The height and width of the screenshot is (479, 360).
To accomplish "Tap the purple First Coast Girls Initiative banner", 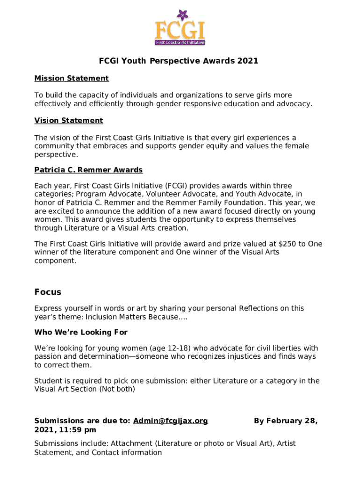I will [180, 42].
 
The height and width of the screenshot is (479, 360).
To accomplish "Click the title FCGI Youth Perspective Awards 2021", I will [178, 61].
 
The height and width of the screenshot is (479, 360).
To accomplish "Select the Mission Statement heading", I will [71, 78].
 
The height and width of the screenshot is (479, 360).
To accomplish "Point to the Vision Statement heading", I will [68, 120].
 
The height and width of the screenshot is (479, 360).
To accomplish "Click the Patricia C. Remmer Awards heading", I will [88, 169].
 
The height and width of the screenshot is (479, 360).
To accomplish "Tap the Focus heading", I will [48, 292].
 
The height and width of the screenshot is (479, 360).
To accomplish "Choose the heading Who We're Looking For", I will [81, 332].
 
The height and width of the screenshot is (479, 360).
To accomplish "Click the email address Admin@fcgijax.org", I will [170, 421].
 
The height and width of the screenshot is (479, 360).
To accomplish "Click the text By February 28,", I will [286, 421].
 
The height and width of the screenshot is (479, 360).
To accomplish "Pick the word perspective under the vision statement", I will [55, 154].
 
